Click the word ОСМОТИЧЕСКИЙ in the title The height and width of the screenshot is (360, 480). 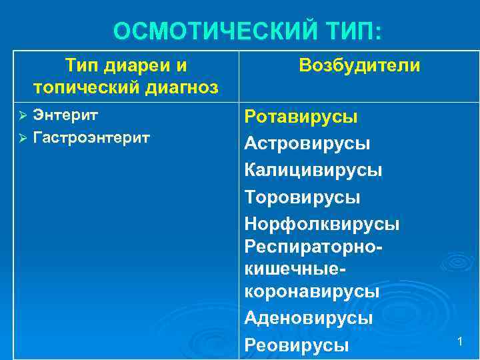pos(212,31)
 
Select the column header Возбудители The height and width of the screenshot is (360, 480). pos(359,65)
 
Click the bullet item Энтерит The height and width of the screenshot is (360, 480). pos(66,115)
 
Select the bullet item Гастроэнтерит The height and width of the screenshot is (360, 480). pos(91,137)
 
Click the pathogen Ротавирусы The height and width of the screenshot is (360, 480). pos(301,117)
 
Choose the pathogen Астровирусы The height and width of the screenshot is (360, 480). pos(307,143)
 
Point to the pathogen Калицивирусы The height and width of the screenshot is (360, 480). pos(313,170)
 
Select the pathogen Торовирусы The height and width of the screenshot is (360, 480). pos(302,197)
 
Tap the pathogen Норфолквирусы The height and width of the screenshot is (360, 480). pos(322,224)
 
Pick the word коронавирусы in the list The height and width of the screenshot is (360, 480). pos(312,291)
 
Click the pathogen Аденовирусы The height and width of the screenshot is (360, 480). pos(308,318)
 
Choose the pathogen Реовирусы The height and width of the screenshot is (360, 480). pos(297,345)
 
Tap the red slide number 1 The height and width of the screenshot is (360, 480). pos(459,341)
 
